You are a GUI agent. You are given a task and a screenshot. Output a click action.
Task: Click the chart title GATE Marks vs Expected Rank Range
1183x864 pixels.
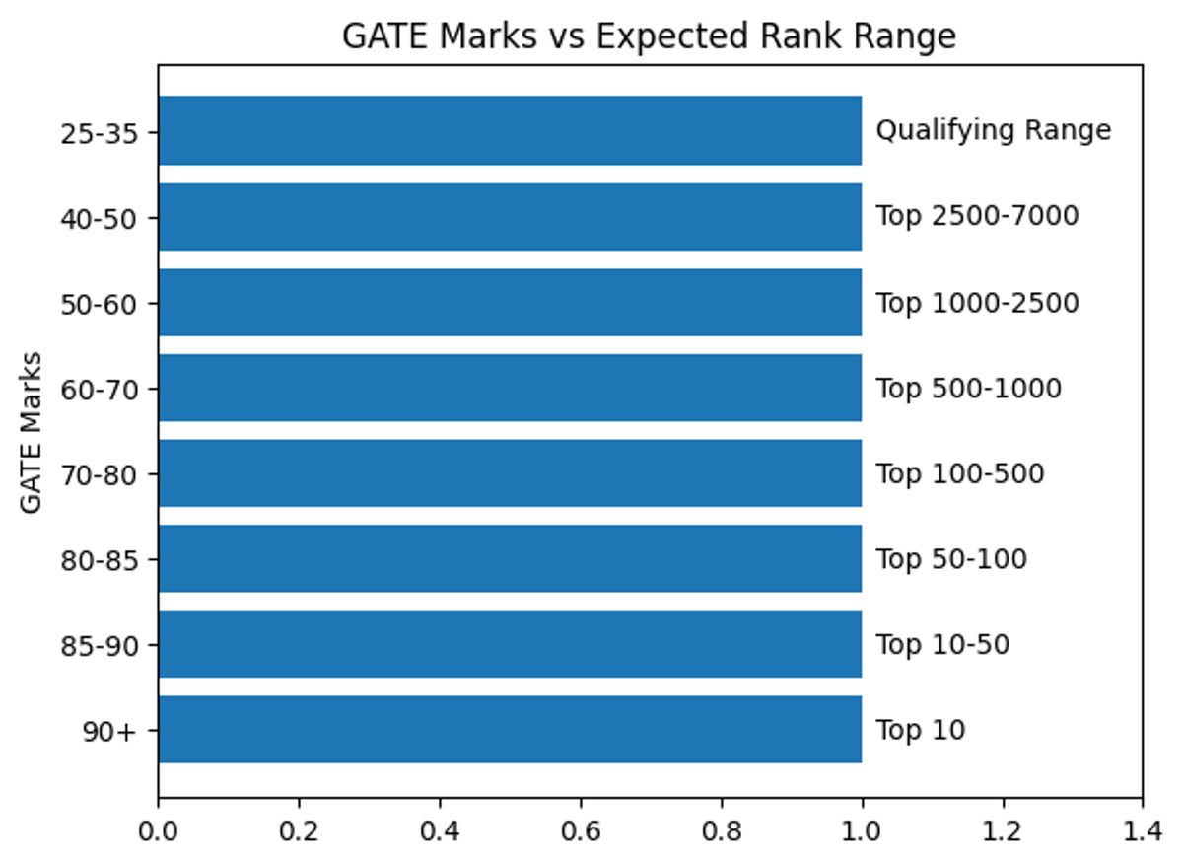point(649,36)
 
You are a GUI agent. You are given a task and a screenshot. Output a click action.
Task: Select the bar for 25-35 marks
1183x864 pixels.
point(510,130)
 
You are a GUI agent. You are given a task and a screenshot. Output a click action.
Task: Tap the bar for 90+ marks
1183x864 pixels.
point(510,730)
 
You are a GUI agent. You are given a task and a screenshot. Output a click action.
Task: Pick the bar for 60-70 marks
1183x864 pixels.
point(510,388)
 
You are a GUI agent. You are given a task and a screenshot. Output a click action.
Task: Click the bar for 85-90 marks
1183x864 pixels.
point(510,644)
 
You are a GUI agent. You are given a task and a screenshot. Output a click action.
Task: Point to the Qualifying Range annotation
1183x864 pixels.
point(994,130)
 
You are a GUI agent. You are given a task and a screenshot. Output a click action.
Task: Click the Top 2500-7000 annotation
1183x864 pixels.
point(977,216)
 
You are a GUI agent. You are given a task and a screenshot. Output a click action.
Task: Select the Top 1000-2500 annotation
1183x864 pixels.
point(977,302)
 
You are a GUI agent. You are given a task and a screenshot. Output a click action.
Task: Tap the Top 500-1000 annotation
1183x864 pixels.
point(969,389)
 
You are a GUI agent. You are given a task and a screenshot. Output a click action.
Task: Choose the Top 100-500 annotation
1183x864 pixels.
point(960,474)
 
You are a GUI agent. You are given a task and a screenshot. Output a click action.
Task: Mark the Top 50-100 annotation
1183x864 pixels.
point(951,560)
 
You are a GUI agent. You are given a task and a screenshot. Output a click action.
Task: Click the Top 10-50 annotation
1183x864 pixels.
point(942,645)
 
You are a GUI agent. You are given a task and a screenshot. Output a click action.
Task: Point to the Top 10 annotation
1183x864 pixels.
point(921,731)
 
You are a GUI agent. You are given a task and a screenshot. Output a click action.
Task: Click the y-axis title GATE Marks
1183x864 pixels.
point(32,431)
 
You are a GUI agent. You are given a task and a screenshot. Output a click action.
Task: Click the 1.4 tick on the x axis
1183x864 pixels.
point(1142,830)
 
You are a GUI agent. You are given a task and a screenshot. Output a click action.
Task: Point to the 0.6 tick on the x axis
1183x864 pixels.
point(580,830)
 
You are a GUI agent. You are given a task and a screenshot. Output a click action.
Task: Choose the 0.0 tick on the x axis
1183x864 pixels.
point(158,830)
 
